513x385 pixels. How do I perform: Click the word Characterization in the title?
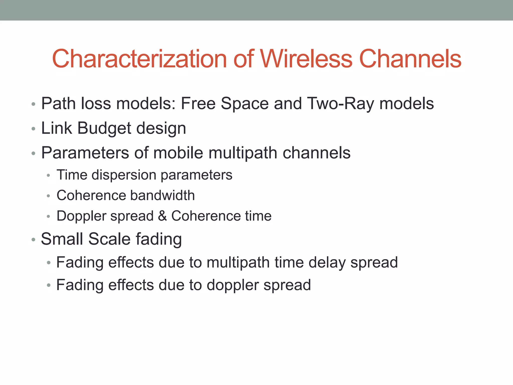point(139,59)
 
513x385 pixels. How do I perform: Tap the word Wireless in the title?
point(306,59)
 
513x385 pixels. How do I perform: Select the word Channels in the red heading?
point(410,59)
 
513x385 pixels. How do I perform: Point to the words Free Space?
point(225,104)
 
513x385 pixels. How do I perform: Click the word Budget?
point(104,128)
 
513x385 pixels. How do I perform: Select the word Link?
point(57,128)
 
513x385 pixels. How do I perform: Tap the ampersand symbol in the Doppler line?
point(162,216)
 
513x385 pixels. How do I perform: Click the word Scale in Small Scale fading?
point(109,239)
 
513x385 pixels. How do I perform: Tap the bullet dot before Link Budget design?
point(34,129)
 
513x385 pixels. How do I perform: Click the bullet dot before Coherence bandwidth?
point(49,196)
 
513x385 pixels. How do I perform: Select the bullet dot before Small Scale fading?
point(34,240)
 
